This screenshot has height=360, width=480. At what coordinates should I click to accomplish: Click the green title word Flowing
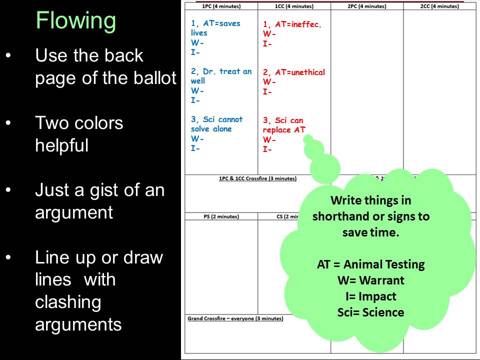pyautogui.click(x=76, y=21)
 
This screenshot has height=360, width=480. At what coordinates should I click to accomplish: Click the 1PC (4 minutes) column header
pyautogui.click(x=221, y=6)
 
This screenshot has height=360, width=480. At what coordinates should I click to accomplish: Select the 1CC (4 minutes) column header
pyautogui.click(x=294, y=6)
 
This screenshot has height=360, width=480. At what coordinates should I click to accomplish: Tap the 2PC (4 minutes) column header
pyautogui.click(x=367, y=6)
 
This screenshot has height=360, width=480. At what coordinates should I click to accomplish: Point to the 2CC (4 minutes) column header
pyautogui.click(x=439, y=6)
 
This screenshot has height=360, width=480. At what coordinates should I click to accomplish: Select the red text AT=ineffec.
pyautogui.click(x=298, y=24)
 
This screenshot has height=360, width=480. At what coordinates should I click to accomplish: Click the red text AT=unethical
pyautogui.click(x=300, y=72)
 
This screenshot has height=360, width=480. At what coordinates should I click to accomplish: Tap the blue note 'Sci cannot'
pyautogui.click(x=223, y=119)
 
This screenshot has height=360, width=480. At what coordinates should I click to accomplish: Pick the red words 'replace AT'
pyautogui.click(x=284, y=130)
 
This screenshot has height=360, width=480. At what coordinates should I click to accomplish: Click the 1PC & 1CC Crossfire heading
pyautogui.click(x=258, y=178)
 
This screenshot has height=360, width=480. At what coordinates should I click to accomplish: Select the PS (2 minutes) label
pyautogui.click(x=221, y=216)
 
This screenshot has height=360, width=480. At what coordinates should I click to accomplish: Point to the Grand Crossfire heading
pyautogui.click(x=235, y=318)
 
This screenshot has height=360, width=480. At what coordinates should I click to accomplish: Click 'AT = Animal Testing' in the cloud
pyautogui.click(x=370, y=264)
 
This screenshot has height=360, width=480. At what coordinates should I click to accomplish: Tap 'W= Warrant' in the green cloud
pyautogui.click(x=370, y=280)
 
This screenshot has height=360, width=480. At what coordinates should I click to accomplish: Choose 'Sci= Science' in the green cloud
pyautogui.click(x=370, y=312)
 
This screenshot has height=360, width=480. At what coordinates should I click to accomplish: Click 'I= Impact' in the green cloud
pyautogui.click(x=370, y=296)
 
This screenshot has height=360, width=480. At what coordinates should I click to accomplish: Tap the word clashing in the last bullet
pyautogui.click(x=68, y=302)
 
